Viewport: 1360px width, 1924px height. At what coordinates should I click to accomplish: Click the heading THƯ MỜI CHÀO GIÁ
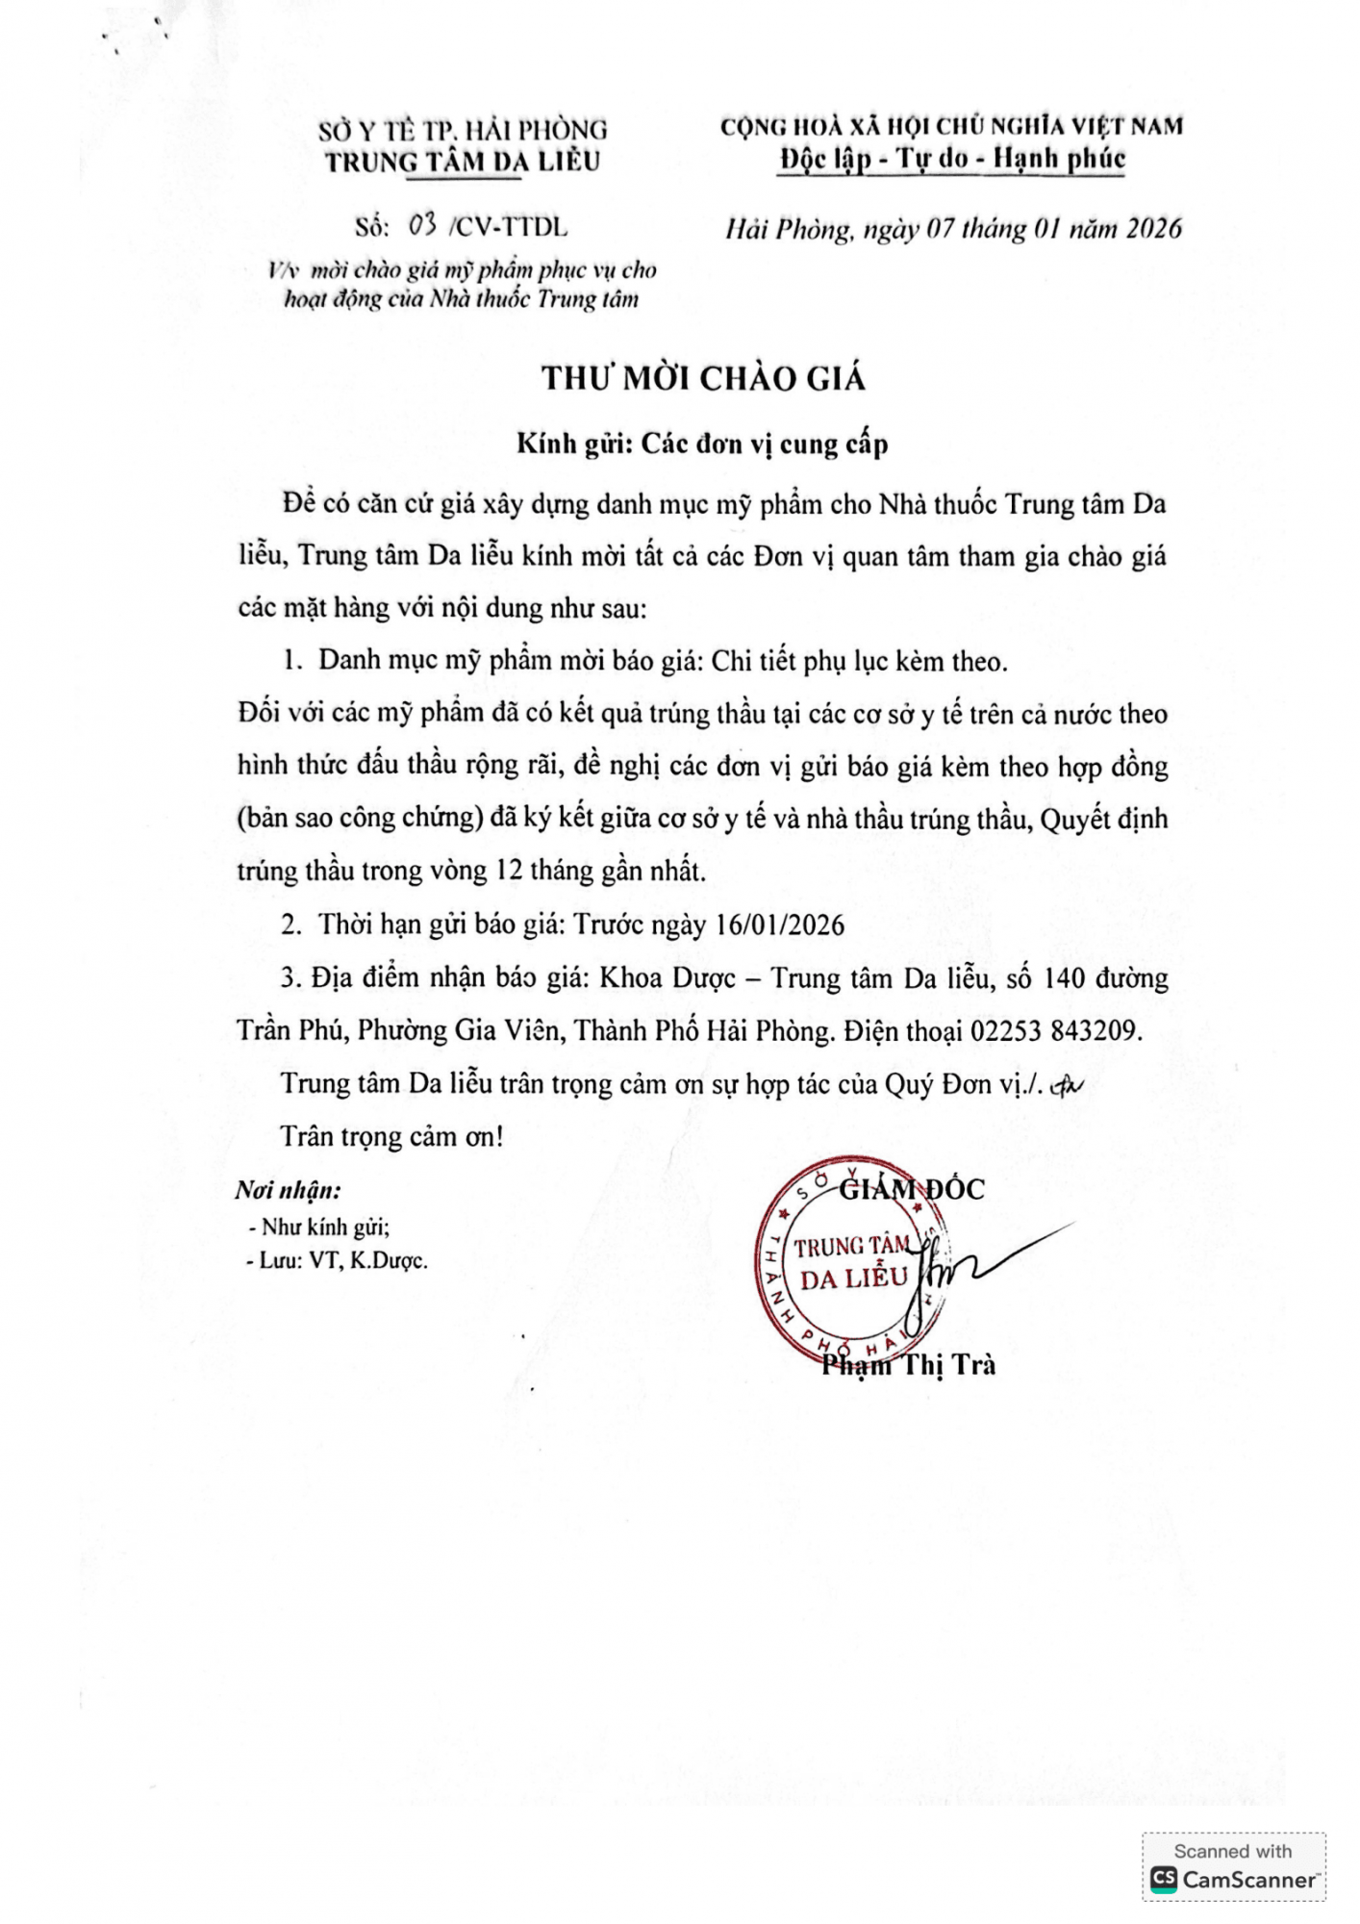703,379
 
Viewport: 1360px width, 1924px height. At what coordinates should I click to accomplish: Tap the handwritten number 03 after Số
423,226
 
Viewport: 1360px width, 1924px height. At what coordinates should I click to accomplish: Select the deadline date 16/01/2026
780,925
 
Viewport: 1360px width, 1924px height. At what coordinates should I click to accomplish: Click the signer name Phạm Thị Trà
909,1364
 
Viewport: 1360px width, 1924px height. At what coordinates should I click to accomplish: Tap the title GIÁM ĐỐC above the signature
912,1189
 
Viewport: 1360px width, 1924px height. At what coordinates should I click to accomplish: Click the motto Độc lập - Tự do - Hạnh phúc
952,159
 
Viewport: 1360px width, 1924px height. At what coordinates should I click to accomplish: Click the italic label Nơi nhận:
288,1191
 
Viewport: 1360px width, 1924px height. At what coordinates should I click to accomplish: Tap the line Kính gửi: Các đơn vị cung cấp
702,444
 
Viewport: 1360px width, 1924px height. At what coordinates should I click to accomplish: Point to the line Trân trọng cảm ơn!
391,1137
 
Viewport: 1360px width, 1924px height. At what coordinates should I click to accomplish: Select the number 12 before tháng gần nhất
507,872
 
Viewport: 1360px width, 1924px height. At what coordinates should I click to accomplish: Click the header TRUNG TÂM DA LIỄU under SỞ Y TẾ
462,162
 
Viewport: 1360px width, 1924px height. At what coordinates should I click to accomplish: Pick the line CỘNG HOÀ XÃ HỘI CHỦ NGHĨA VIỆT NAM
951,126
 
